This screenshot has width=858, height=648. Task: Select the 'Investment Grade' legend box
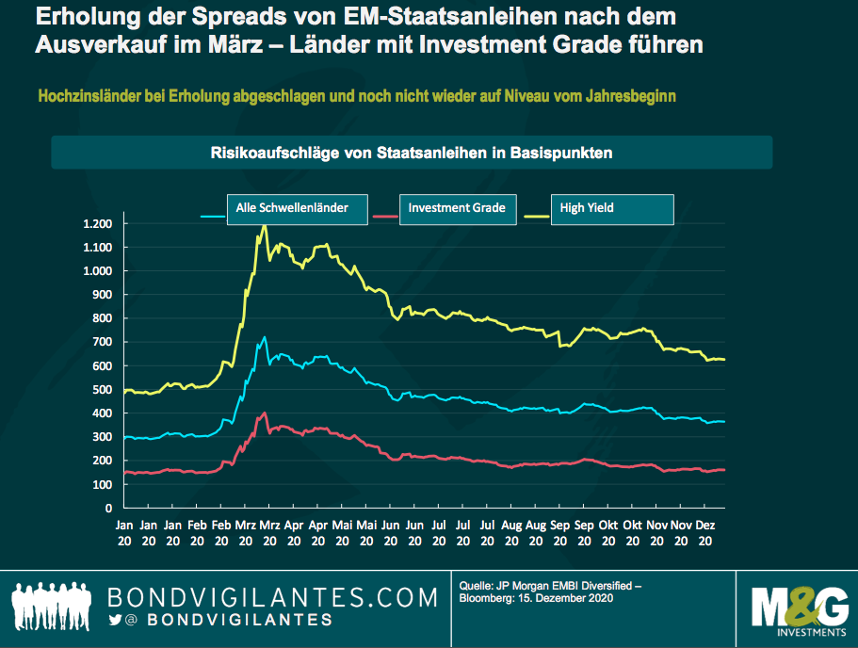point(457,209)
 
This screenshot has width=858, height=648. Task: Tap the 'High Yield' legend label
point(613,209)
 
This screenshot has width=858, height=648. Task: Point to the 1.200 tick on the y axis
point(97,224)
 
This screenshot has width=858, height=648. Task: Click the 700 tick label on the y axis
point(103,343)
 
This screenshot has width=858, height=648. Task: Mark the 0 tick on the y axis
point(109,509)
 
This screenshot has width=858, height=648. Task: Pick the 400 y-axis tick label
point(103,413)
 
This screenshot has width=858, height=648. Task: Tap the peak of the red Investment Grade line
point(266,413)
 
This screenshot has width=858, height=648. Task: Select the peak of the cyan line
point(265,337)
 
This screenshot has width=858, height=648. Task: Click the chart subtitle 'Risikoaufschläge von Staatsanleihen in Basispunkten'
point(412,152)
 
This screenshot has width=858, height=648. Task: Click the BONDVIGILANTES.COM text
point(273,596)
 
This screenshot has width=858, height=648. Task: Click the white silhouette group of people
point(53,604)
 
